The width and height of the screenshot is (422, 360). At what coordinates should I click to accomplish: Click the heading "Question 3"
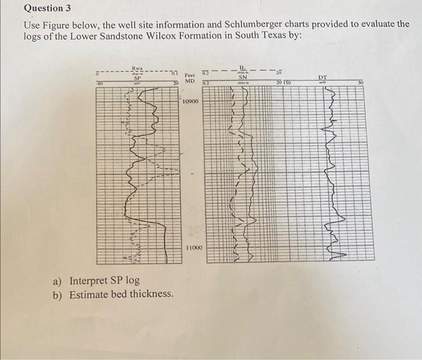tap(43, 8)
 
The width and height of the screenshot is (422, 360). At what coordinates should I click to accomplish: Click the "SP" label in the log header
tap(137, 78)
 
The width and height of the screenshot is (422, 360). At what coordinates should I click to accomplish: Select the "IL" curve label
tap(244, 68)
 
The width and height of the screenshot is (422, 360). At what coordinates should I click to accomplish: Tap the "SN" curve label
tap(244, 77)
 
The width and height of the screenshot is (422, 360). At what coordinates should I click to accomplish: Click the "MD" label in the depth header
tap(189, 80)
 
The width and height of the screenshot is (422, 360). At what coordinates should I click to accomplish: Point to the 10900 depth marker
tap(190, 102)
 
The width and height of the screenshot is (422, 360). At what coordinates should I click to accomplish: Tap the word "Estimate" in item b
tap(89, 294)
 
